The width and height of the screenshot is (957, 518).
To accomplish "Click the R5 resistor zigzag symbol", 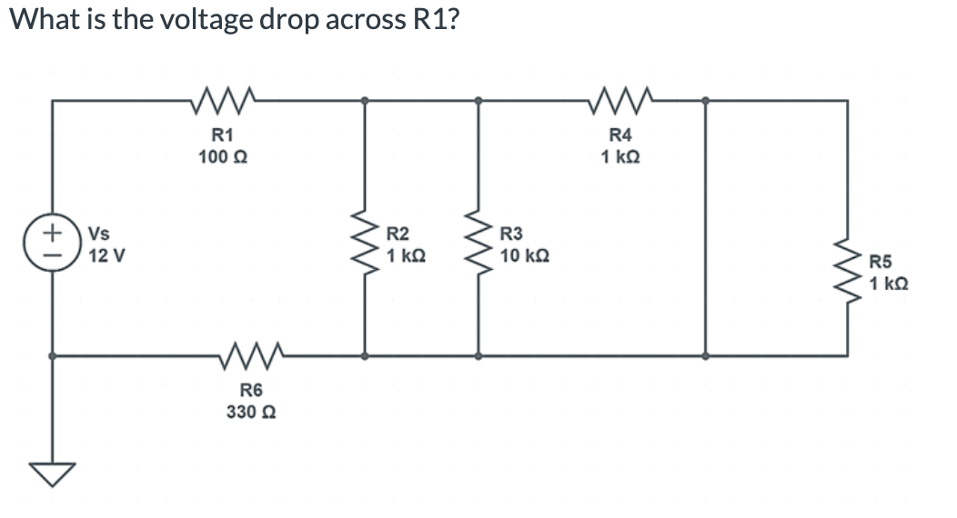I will [x=848, y=271].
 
